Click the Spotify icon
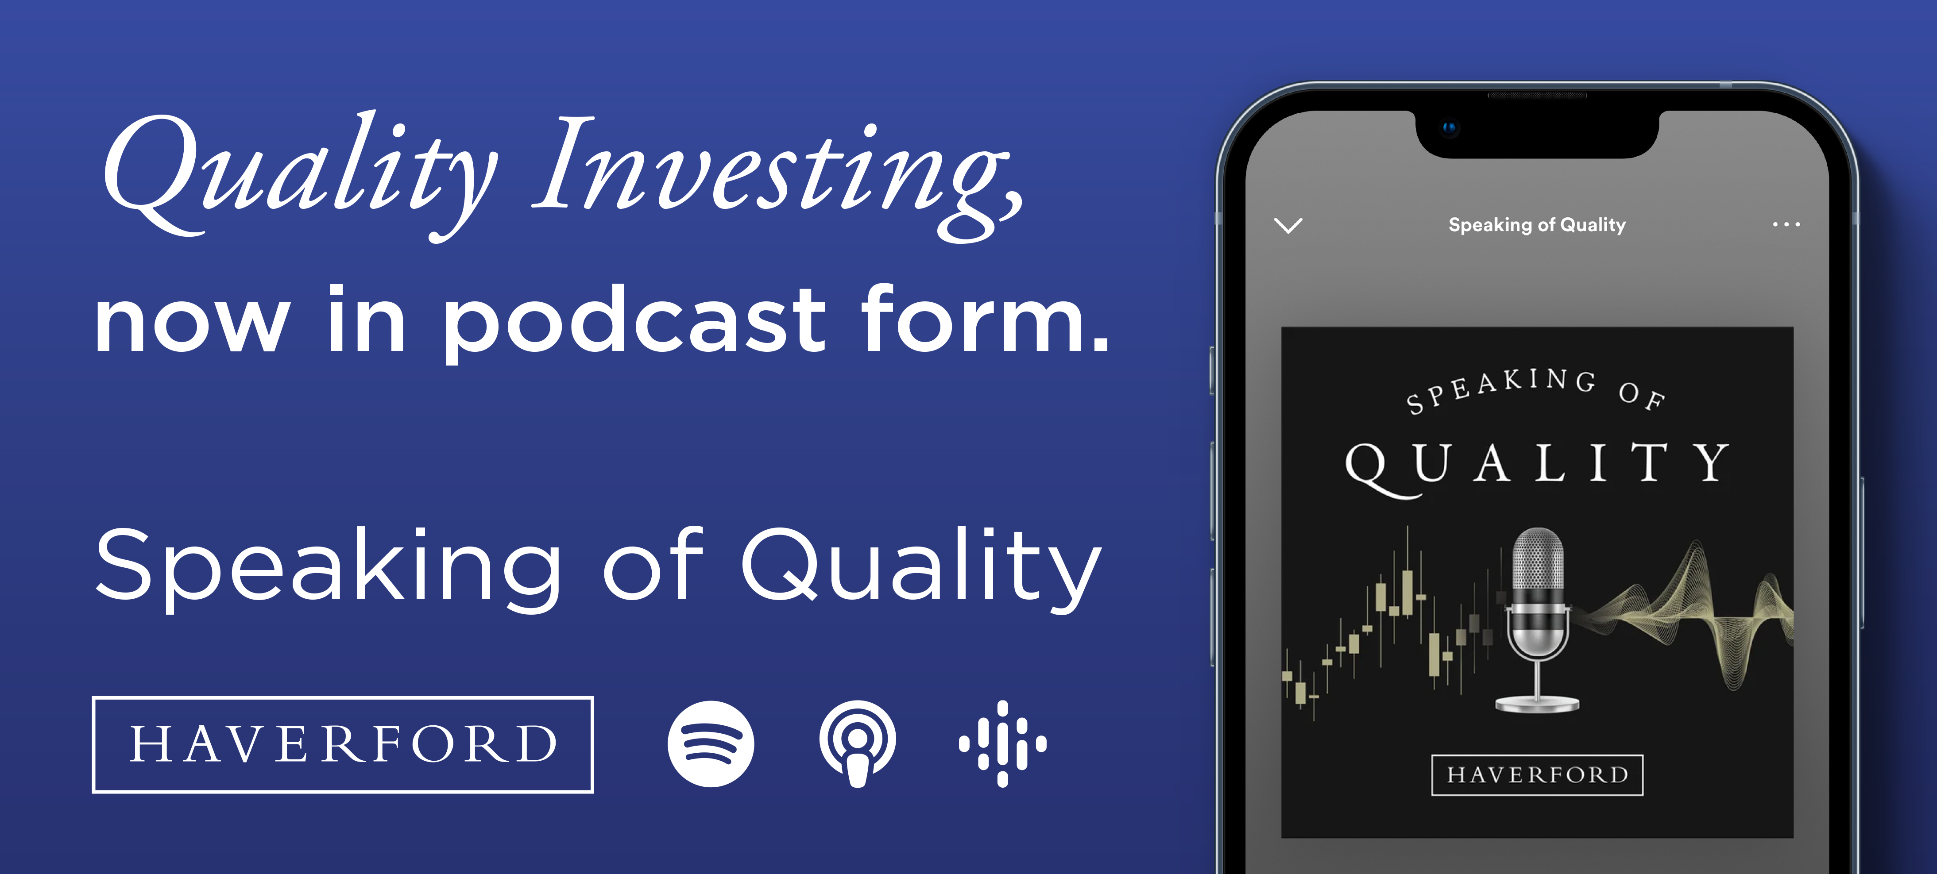pos(711,744)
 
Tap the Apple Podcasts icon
pos(857,744)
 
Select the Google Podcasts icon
pos(1002,744)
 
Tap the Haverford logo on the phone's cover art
pos(1537,775)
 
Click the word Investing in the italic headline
pos(778,169)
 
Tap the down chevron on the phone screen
pos(1288,225)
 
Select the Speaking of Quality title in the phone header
pos(1537,225)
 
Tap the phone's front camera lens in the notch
pos(1449,128)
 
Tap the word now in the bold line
pos(192,323)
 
